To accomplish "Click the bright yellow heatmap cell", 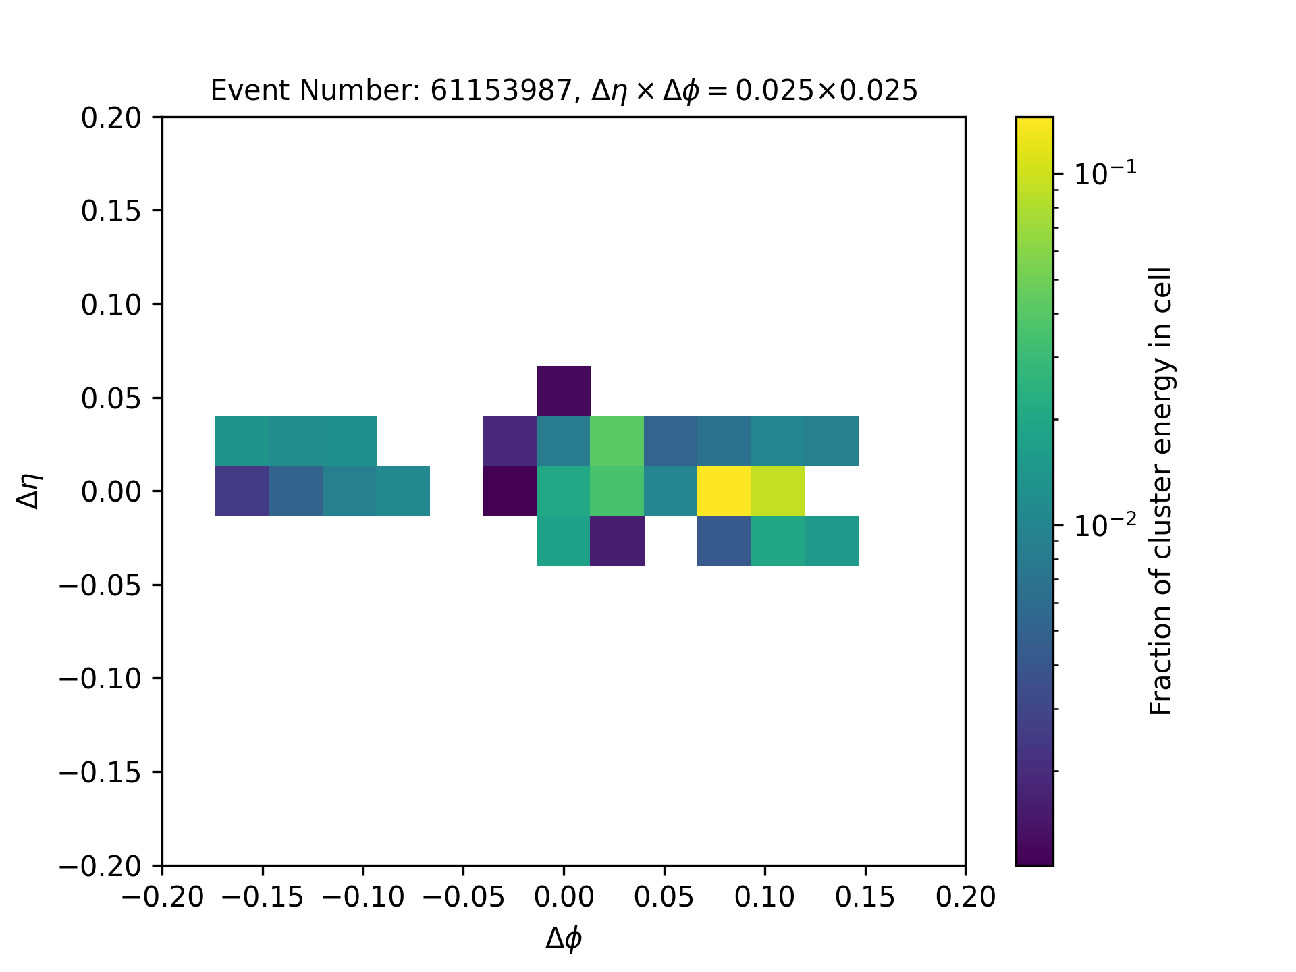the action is click(724, 491).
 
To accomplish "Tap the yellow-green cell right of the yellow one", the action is click(778, 491).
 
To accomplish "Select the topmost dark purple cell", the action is click(564, 391).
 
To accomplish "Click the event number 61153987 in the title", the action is click(502, 90).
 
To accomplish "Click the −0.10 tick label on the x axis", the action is click(363, 898).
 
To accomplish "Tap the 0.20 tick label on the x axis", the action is click(965, 898).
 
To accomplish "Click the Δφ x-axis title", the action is click(564, 939).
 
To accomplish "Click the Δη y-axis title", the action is click(30, 491).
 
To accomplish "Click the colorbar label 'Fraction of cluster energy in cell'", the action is click(1160, 491).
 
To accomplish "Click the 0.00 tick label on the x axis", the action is click(564, 898).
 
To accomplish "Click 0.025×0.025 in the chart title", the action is click(826, 90).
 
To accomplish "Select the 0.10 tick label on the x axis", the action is click(764, 898).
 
